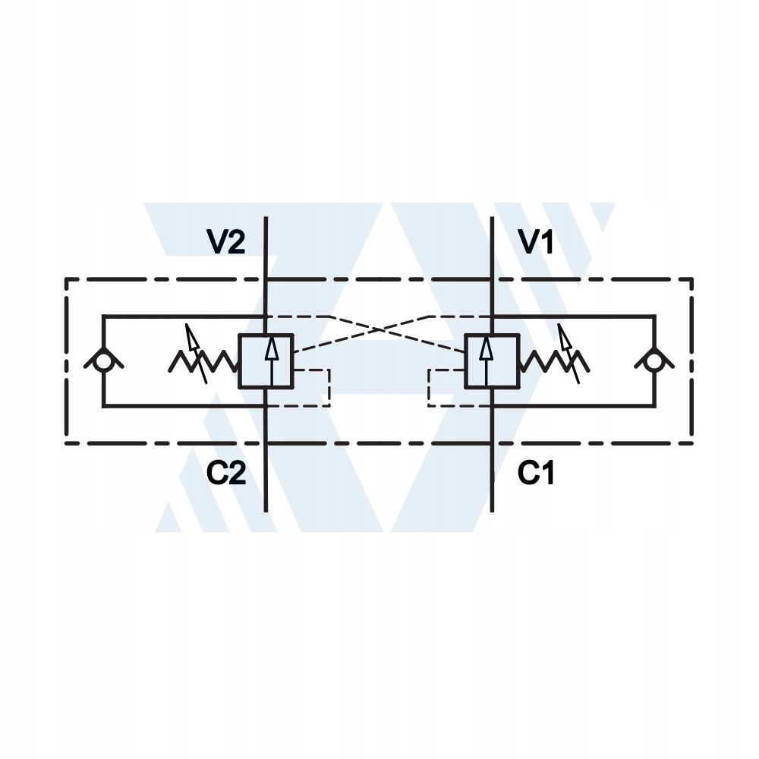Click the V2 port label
(x=226, y=242)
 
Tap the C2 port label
(x=226, y=474)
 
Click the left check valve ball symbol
(x=103, y=361)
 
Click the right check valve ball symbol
(x=653, y=361)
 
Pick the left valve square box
(x=266, y=361)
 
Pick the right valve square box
(x=492, y=361)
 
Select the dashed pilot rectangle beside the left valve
(x=312, y=387)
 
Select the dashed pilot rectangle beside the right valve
(x=446, y=387)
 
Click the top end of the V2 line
(x=266, y=219)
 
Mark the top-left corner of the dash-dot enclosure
(x=66, y=279)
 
